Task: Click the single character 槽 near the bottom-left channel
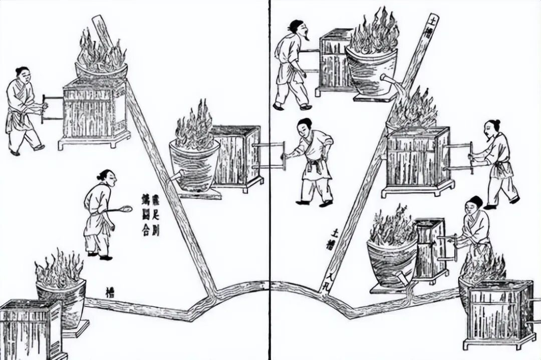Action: [110, 291]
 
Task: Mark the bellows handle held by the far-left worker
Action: [44, 109]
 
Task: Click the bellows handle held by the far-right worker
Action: [470, 157]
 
